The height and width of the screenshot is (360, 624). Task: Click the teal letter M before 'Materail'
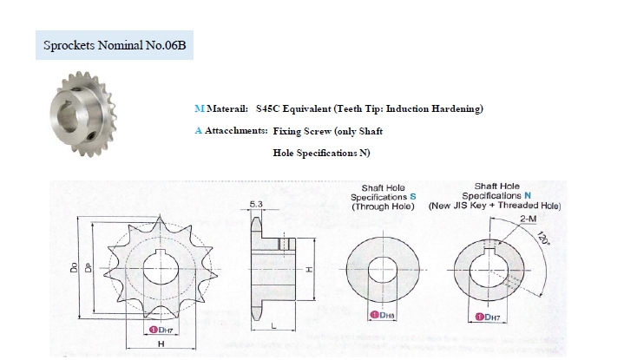click(200, 109)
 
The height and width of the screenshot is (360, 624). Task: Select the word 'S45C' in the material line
click(269, 109)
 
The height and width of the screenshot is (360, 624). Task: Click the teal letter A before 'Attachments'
click(200, 131)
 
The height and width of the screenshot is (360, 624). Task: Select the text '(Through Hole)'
click(384, 207)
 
